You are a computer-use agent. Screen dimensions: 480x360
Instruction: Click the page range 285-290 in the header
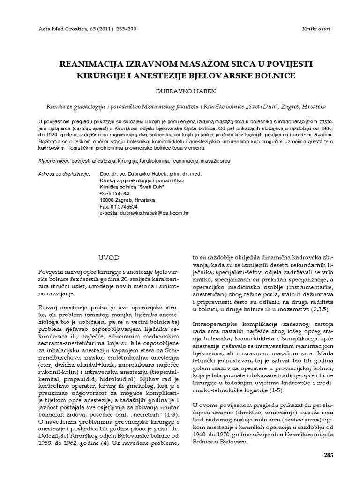[x=124, y=29]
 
